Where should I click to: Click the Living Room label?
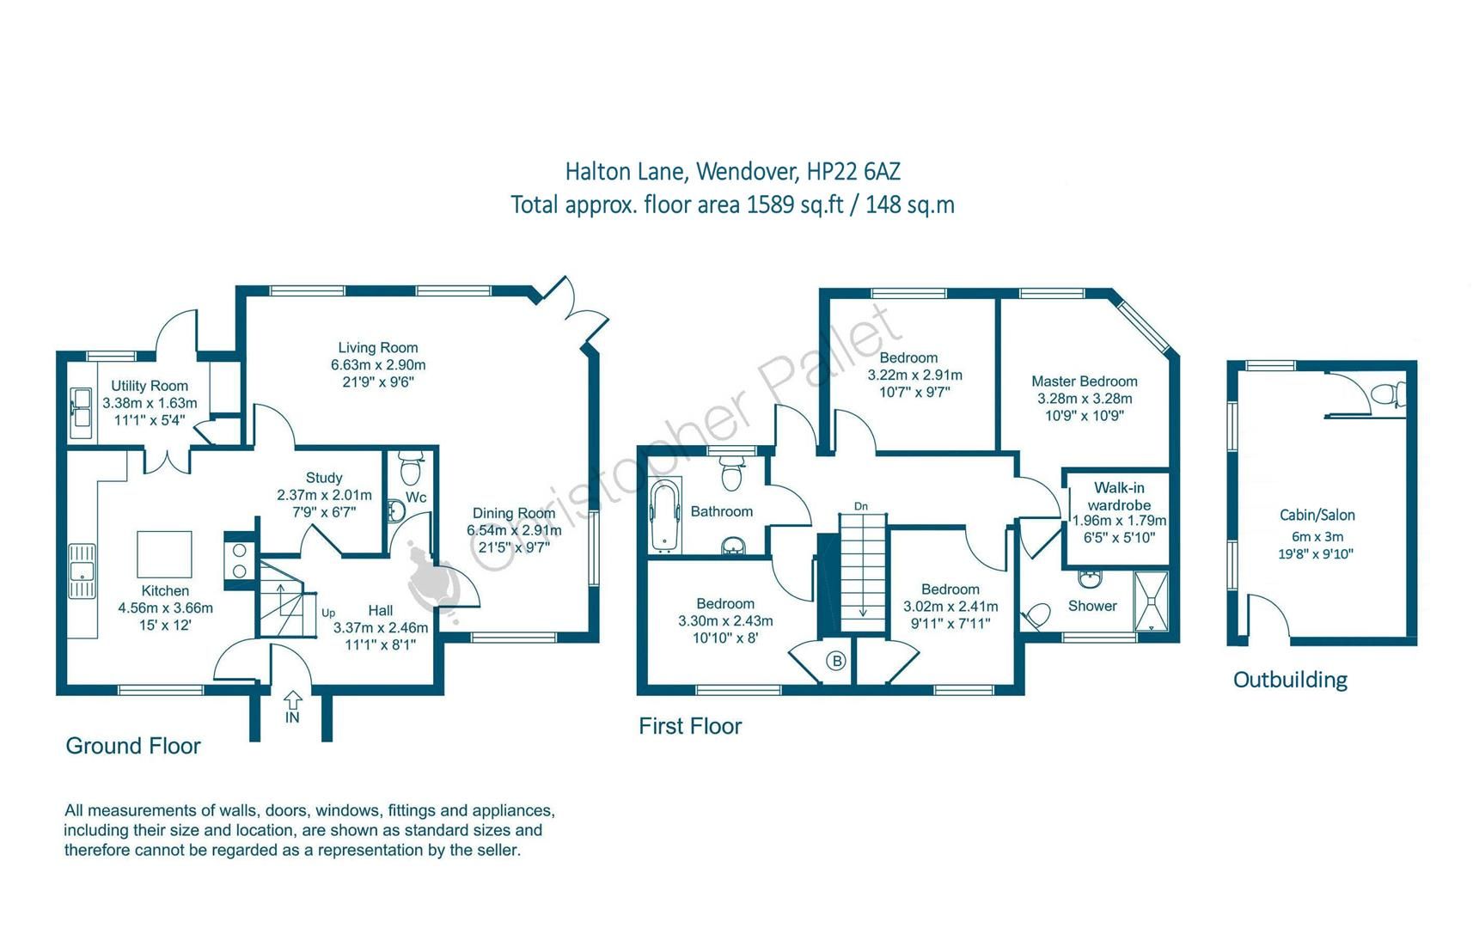tap(377, 348)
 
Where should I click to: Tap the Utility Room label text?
tap(150, 386)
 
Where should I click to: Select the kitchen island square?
tap(164, 553)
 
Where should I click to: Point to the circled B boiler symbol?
tap(836, 661)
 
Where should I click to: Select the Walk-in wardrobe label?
tap(1119, 497)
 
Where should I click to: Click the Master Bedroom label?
tap(1084, 382)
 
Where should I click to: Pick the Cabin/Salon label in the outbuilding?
tap(1317, 516)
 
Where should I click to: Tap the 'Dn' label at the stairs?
tap(861, 506)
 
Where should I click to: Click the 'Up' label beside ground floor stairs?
tap(328, 613)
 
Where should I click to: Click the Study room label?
tap(324, 478)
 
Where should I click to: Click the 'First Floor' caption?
tap(689, 726)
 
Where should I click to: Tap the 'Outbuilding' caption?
tap(1289, 680)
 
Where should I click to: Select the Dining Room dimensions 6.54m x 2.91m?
tap(514, 530)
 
